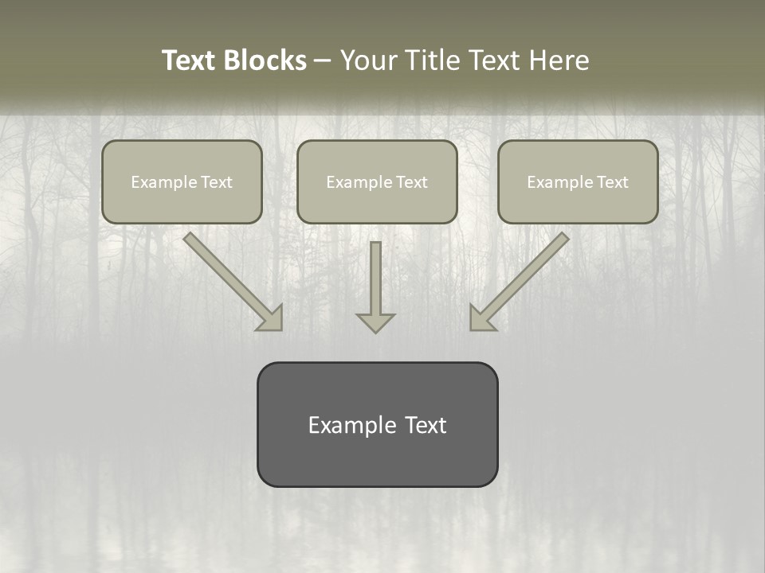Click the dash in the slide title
pos(323,61)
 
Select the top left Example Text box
pos(182,181)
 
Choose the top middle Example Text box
pos(377,181)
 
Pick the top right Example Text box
pos(578,181)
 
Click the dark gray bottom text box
pos(377,424)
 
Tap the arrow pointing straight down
pos(375,286)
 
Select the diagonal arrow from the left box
pos(231,279)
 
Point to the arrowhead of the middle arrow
pos(375,322)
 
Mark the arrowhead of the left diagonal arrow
pos(272,318)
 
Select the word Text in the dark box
pos(425,425)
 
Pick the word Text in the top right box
pos(612,182)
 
